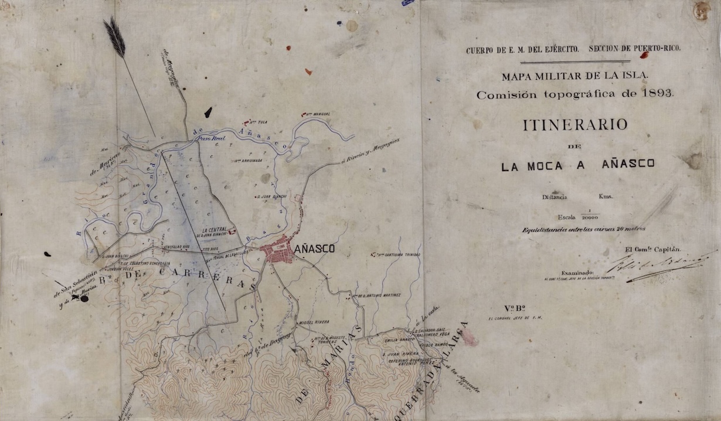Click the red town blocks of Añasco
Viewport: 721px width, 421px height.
coord(277,252)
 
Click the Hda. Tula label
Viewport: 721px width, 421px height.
coord(258,123)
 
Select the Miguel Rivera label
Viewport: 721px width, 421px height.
coord(314,322)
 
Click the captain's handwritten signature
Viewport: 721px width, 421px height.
coord(657,264)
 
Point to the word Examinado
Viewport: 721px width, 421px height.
coord(578,273)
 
